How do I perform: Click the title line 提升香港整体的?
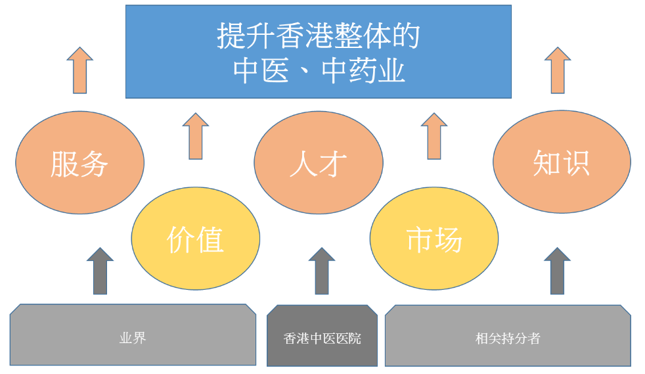pos(318,35)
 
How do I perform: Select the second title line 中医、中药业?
pos(319,71)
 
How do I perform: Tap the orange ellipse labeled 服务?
pos(79,162)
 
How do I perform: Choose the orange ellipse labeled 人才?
pos(319,162)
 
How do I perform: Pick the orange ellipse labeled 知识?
pos(562,162)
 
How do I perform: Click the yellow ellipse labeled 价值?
pos(195,239)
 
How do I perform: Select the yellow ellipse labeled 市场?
pos(434,239)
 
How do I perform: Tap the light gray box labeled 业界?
pos(133,335)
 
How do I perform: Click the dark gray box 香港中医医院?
pos(322,335)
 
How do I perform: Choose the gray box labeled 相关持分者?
pos(508,335)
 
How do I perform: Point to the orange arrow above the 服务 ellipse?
pos(79,70)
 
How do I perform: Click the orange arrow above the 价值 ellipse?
pos(195,136)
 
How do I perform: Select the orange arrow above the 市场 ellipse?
pos(434,136)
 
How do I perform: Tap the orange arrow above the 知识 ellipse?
pos(558,70)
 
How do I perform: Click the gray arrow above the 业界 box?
pos(100,271)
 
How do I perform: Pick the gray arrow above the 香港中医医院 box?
pos(322,271)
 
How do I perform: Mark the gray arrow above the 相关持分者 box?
pos(557,271)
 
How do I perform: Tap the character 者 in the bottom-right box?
pos(534,339)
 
